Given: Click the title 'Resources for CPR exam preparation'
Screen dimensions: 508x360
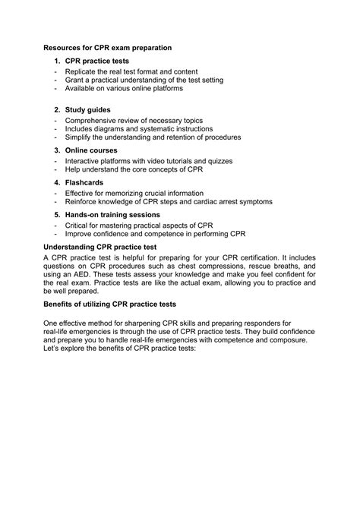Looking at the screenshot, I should (x=107, y=48).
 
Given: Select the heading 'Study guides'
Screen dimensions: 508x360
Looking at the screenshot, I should (x=89, y=110).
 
